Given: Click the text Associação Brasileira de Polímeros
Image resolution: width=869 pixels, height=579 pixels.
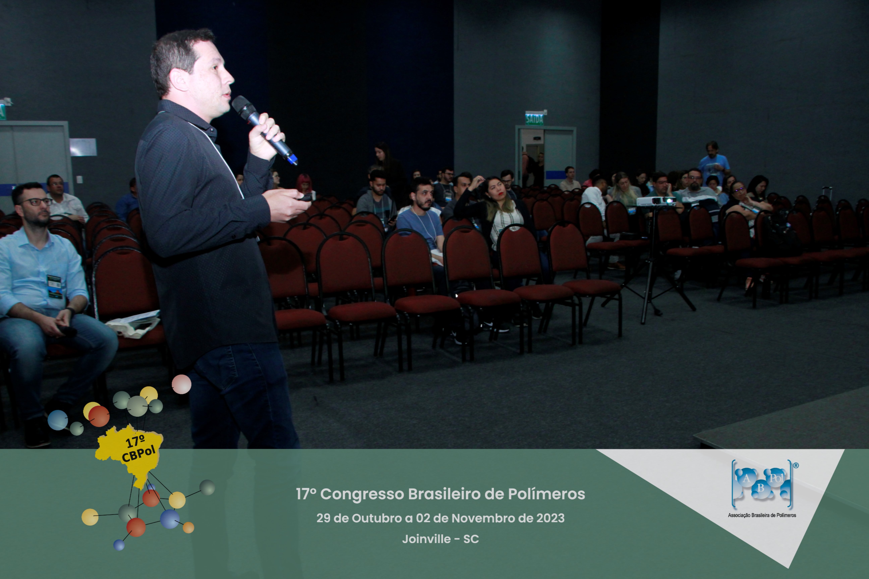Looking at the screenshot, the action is pos(762,515).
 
